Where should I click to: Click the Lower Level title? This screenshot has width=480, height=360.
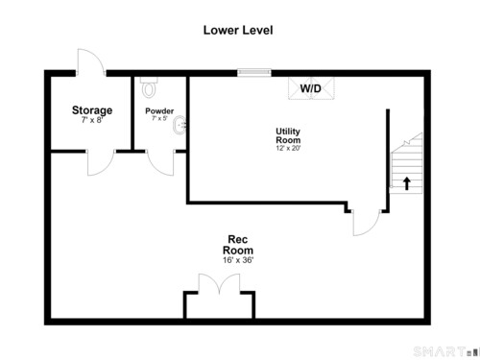pyautogui.click(x=238, y=30)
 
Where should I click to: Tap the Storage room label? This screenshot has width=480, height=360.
pyautogui.click(x=92, y=110)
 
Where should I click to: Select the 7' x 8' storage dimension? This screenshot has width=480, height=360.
pyautogui.click(x=92, y=120)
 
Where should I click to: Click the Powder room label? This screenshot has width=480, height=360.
pyautogui.click(x=159, y=111)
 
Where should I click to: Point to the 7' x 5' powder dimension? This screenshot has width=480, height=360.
pyautogui.click(x=159, y=118)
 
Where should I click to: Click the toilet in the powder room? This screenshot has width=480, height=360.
pyautogui.click(x=149, y=86)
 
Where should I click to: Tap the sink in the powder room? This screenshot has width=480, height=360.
pyautogui.click(x=180, y=125)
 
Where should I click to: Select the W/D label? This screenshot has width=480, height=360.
pyautogui.click(x=311, y=88)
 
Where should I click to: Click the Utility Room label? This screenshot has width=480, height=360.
pyautogui.click(x=288, y=135)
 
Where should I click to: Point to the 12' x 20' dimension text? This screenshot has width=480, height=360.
pyautogui.click(x=288, y=148)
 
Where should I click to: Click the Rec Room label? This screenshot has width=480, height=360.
pyautogui.click(x=238, y=245)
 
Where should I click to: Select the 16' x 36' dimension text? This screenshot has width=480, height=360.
pyautogui.click(x=238, y=260)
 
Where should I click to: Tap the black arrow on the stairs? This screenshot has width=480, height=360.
pyautogui.click(x=407, y=183)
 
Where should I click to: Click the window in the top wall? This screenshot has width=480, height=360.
pyautogui.click(x=254, y=73)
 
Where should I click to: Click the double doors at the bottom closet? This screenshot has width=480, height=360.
pyautogui.click(x=219, y=283)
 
